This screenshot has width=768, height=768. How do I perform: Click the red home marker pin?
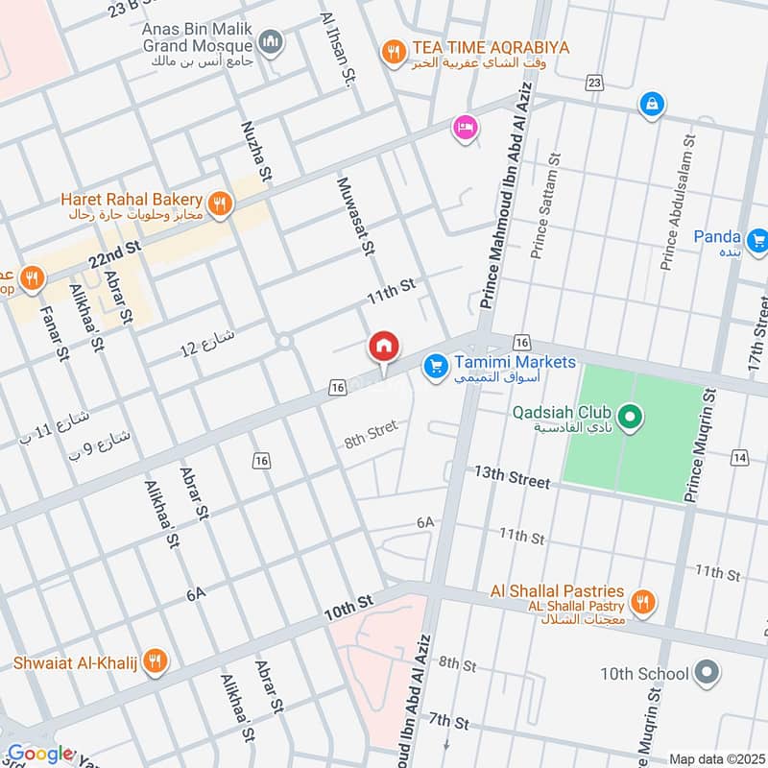pyautogui.click(x=384, y=347)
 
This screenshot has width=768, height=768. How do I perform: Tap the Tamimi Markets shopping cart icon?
pyautogui.click(x=437, y=366)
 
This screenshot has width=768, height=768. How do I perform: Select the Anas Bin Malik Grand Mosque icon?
pyautogui.click(x=271, y=41)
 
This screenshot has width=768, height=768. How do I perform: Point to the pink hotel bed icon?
pyautogui.click(x=466, y=128)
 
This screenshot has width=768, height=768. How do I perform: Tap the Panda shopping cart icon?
pyautogui.click(x=757, y=237)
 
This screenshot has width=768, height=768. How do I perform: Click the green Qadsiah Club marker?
pyautogui.click(x=630, y=417)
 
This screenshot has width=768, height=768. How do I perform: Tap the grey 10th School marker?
pyautogui.click(x=708, y=672)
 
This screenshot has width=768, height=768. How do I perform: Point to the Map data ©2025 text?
pyautogui.click(x=715, y=758)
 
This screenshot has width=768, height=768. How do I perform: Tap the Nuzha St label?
pyautogui.click(x=254, y=153)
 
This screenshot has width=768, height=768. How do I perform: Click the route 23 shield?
pyautogui.click(x=594, y=84)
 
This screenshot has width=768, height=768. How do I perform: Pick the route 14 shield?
pyautogui.click(x=738, y=457)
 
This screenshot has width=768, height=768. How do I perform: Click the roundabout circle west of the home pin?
pyautogui.click(x=283, y=341)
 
